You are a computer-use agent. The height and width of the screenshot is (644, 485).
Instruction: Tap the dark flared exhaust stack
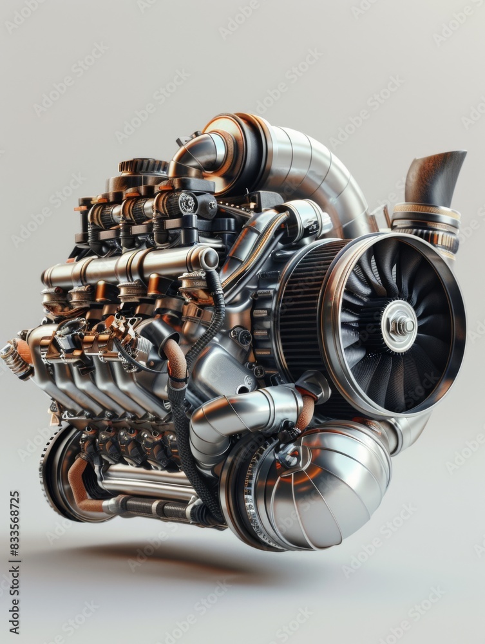435,177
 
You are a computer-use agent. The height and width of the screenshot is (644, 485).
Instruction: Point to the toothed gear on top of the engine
143,166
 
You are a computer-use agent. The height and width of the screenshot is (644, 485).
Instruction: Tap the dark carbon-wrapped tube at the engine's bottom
155,509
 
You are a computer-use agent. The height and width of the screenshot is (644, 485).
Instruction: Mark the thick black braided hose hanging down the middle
184,438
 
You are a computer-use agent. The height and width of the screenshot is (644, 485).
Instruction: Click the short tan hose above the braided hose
176,357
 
